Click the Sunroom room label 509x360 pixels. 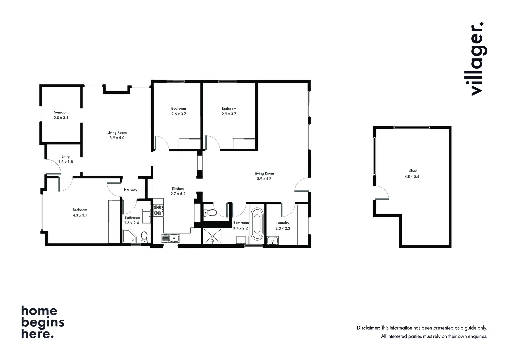pos(61,112)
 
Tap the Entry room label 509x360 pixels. pos(65,156)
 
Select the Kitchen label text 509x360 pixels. pos(178,188)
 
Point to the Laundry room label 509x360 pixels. pos(283,223)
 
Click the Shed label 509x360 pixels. pos(413,171)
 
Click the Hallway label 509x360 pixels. pos(130,190)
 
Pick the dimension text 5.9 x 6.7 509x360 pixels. pos(264,179)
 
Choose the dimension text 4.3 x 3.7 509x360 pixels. pos(80,215)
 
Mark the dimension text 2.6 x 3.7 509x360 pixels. pos(179,114)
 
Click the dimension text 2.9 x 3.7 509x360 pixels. pos(229,114)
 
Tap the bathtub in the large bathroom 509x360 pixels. pos(257,224)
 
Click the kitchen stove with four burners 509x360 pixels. pos(158,210)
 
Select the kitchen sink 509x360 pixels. pos(170,238)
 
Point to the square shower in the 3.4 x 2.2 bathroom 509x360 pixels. pos(212,236)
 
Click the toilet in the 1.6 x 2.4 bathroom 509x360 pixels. pos(144,237)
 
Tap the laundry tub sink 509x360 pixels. pos(272,241)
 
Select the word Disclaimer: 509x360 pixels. pos(368,328)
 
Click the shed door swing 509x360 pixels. pos(382,193)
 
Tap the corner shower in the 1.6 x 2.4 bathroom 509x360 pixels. pos(129,236)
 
